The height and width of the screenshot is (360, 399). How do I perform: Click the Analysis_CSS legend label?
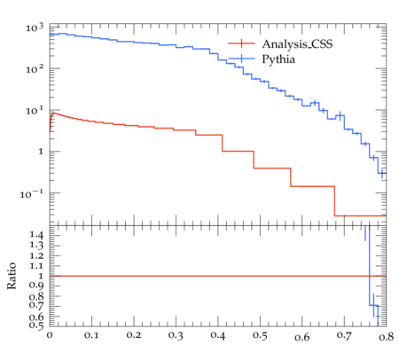[297, 44]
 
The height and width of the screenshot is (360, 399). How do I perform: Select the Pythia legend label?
[278, 59]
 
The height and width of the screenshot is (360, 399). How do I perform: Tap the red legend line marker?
[241, 43]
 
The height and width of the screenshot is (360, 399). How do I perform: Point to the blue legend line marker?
[241, 59]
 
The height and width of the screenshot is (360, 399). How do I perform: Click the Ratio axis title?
[12, 276]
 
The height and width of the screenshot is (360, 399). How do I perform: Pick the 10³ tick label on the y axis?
[35, 27]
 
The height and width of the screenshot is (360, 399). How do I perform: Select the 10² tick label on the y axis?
[35, 69]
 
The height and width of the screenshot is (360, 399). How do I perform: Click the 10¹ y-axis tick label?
[35, 111]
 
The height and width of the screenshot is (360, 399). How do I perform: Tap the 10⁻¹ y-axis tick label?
[32, 194]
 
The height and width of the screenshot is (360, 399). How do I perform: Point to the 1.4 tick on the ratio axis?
[36, 235]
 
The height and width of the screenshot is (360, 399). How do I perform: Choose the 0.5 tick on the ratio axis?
[36, 325]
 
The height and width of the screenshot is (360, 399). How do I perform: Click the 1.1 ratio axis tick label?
[36, 266]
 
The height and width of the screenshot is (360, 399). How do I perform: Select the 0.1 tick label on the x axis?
[91, 335]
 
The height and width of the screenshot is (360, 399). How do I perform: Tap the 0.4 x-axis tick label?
[218, 335]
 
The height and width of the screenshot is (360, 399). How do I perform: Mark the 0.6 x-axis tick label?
[302, 337]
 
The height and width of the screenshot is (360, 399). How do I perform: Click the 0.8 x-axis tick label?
[387, 336]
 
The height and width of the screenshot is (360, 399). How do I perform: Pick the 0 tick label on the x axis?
[50, 335]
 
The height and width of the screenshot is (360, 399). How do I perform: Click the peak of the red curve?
[53, 113]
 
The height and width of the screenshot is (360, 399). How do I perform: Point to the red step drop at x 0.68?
[334, 201]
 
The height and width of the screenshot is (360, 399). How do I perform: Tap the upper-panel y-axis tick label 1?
[41, 152]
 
